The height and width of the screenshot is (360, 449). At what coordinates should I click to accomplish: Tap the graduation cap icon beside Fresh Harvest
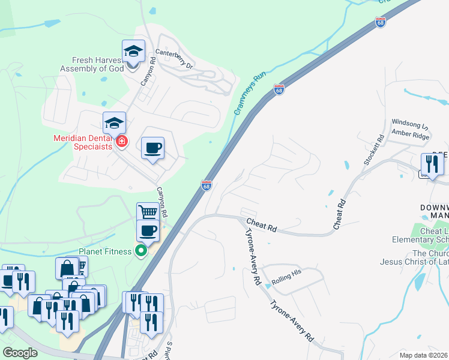coord(134,52)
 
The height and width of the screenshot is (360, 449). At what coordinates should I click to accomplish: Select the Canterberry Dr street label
coord(174,58)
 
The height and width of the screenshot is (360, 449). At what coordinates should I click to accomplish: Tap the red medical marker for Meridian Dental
coord(121,142)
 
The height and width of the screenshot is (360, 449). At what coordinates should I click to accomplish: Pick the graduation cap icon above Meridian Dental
coord(114,124)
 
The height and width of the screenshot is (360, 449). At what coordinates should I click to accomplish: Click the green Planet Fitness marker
coord(141,251)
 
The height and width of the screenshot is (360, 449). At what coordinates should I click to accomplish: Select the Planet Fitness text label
coord(104,251)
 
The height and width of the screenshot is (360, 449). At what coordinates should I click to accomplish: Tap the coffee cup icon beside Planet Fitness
coord(148,231)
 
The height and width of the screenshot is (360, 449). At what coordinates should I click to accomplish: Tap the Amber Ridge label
coord(410,135)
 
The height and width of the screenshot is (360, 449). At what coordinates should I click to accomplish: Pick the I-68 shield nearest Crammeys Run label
coord(279,89)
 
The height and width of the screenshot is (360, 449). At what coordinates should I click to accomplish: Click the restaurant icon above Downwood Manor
coord(432,164)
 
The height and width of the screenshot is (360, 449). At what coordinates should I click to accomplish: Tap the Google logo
coord(20,352)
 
